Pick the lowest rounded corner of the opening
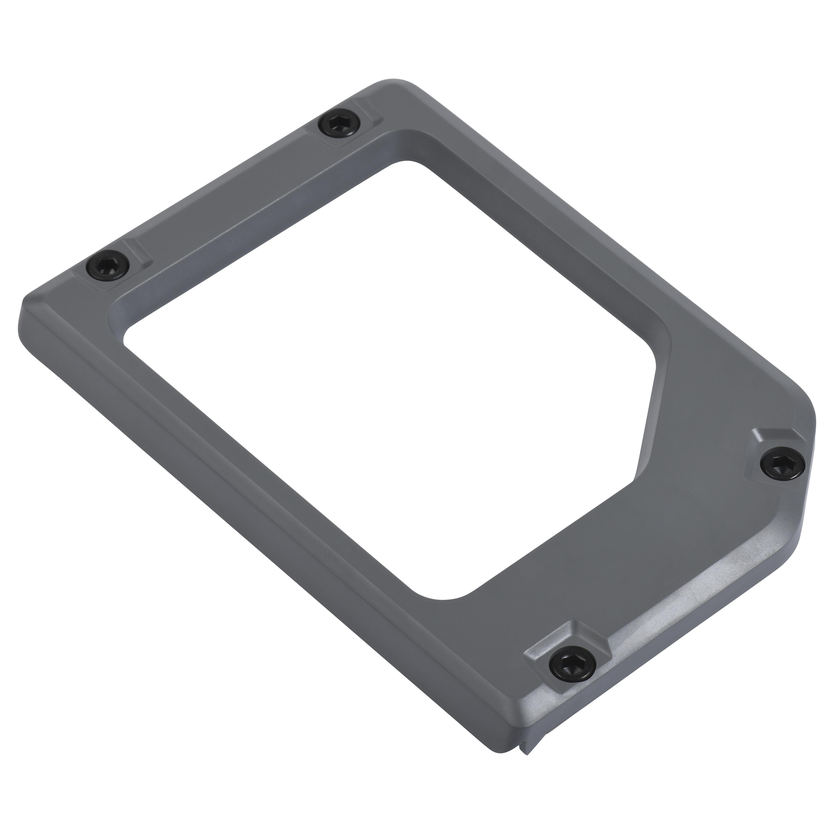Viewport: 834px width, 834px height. tap(445, 599)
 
